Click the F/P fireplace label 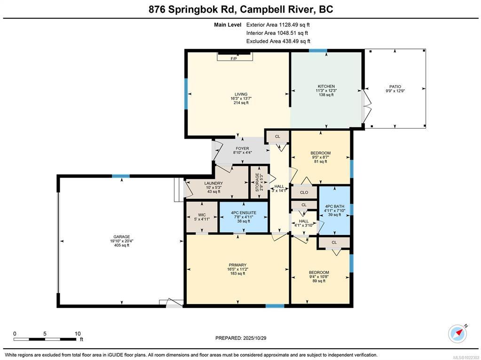pyautogui.click(x=234, y=58)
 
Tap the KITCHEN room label pyautogui.click(x=326, y=86)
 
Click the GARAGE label pyautogui.click(x=122, y=237)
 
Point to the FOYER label pyautogui.click(x=242, y=149)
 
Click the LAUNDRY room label pyautogui.click(x=213, y=183)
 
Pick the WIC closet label pyautogui.click(x=202, y=215)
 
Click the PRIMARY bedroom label pyautogui.click(x=237, y=265)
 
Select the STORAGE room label pyautogui.click(x=257, y=182)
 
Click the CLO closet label pyautogui.click(x=304, y=193)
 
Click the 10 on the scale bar pyautogui.click(x=78, y=334)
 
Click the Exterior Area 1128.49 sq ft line pyautogui.click(x=276, y=25)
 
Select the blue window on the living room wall pyautogui.click(x=186, y=94)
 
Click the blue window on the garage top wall pyautogui.click(x=120, y=176)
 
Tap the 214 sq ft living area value pyautogui.click(x=241, y=103)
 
